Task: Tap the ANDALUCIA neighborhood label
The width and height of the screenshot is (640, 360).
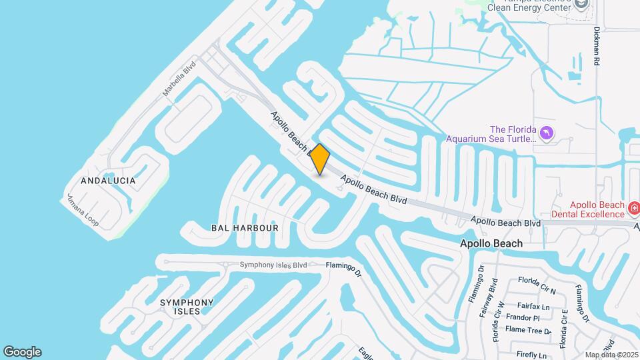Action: click(108, 181)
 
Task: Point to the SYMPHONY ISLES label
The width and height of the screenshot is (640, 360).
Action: click(187, 307)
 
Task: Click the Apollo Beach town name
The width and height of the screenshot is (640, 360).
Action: click(491, 244)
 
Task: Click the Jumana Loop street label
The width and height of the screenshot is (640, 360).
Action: click(83, 209)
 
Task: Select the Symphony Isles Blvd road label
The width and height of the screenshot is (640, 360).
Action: click(273, 265)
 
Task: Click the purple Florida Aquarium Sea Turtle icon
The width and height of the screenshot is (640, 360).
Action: click(547, 134)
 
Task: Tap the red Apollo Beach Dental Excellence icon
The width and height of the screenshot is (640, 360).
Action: click(634, 209)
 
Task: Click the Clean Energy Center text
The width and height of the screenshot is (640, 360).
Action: click(529, 8)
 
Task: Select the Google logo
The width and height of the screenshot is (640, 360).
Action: click(22, 352)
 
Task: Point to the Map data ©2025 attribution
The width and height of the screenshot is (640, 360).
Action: click(610, 355)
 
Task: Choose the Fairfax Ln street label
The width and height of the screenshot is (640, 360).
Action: click(537, 307)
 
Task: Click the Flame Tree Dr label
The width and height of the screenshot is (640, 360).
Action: click(528, 330)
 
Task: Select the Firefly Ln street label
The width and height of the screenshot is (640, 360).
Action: click(531, 355)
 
